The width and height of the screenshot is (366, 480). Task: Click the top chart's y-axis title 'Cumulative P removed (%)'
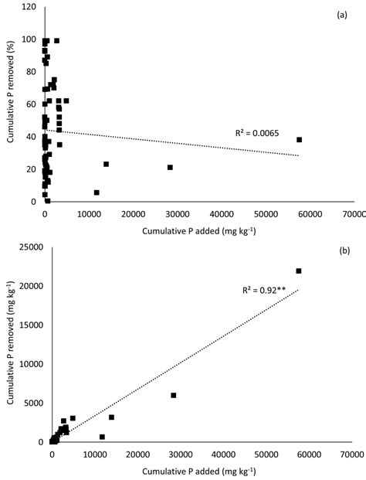[x=11, y=104]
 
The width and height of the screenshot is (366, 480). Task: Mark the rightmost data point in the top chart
[x=299, y=140]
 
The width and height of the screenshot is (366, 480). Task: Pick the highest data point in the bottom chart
[x=299, y=271]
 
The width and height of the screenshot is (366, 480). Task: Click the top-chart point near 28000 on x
[x=170, y=167]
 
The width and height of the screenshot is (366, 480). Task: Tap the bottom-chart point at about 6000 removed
[x=174, y=395]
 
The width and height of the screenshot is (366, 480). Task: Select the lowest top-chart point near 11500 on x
[x=97, y=192]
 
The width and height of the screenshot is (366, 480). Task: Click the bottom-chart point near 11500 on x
[x=102, y=437]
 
